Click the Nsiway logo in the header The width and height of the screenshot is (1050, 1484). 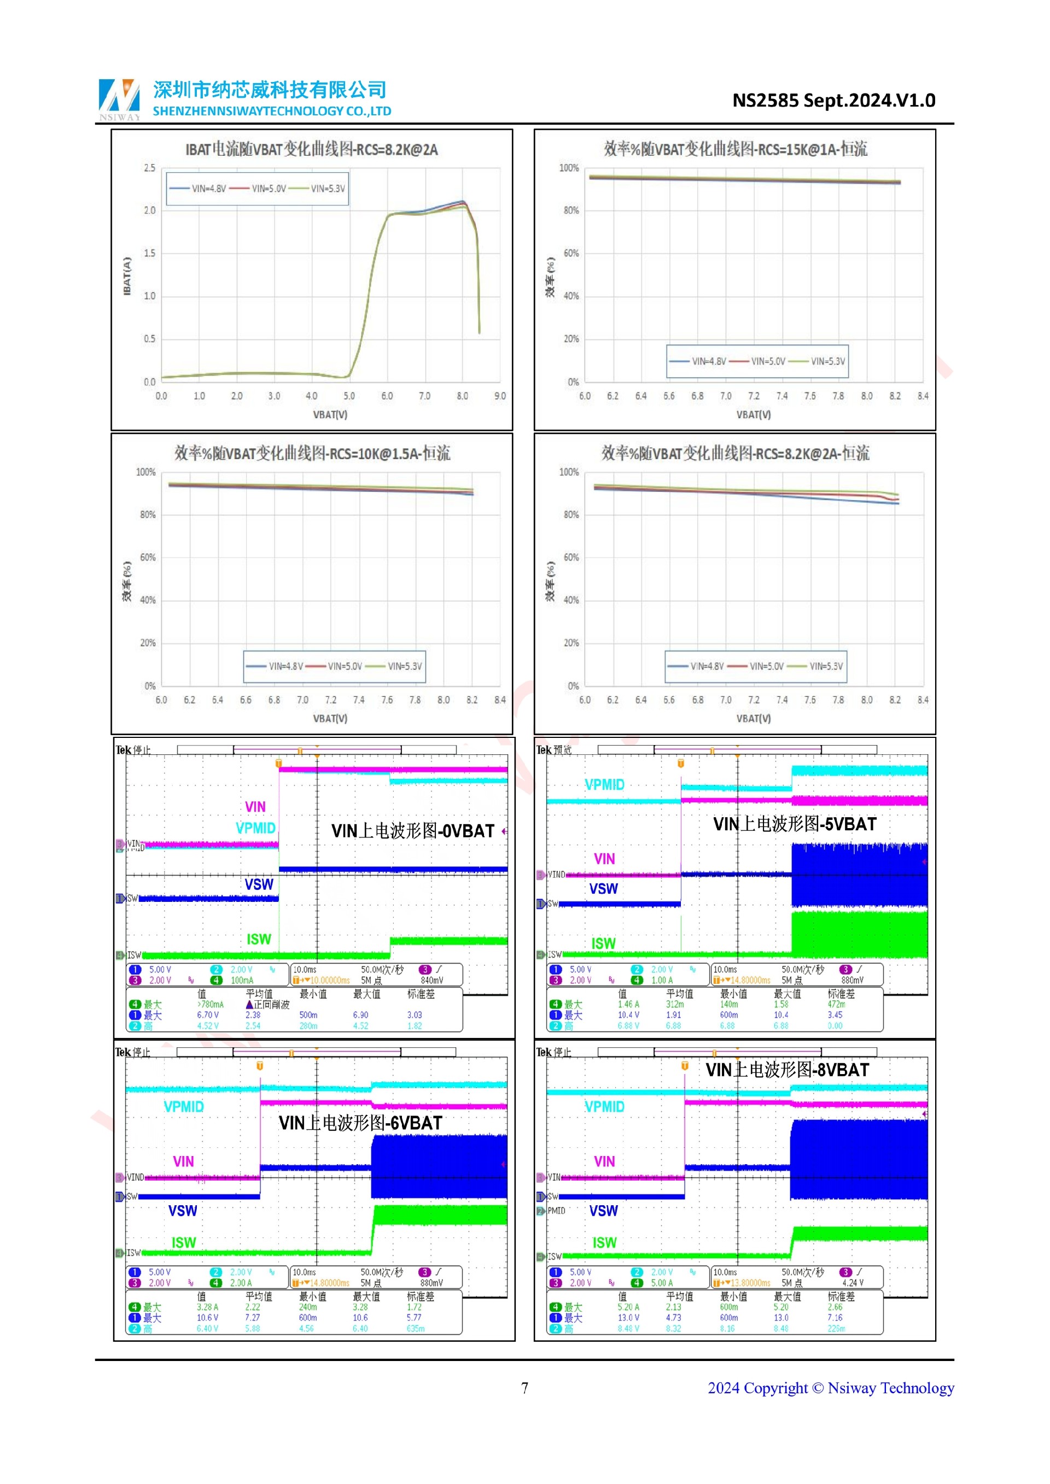click(119, 99)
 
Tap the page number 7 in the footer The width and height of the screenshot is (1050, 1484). click(524, 1388)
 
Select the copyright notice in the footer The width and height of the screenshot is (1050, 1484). click(830, 1388)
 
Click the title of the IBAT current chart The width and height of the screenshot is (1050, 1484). click(312, 149)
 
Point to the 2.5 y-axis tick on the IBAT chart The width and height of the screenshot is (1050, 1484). click(149, 168)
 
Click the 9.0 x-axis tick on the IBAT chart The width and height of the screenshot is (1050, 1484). click(500, 396)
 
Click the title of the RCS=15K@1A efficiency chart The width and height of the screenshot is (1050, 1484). click(735, 149)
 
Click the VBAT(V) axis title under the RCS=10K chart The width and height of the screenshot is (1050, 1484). click(330, 718)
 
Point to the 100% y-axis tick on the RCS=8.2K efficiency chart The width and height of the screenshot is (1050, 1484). click(569, 472)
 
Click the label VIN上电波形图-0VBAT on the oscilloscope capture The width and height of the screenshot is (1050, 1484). click(412, 831)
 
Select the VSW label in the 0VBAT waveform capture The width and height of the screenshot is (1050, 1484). click(259, 884)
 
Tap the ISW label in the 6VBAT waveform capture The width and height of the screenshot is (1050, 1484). click(184, 1242)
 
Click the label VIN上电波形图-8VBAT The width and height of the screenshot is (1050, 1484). click(787, 1070)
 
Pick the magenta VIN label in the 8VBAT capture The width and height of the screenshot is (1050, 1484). click(604, 1162)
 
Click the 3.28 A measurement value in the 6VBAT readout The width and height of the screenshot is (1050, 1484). click(208, 1307)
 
